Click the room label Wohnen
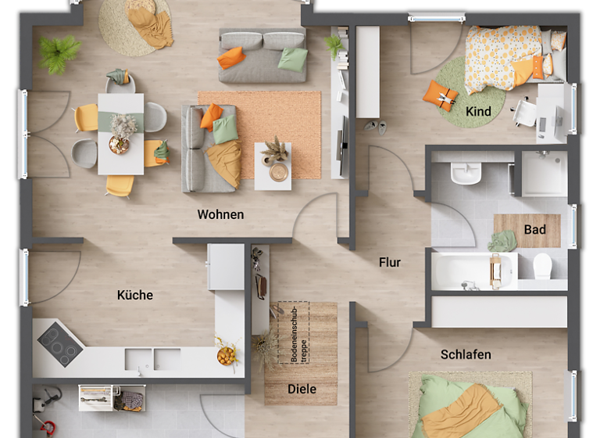220,214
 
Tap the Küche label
135,295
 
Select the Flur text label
390,262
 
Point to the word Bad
535,230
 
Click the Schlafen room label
466,354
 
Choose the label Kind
478,112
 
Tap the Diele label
302,389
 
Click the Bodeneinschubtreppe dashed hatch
290,332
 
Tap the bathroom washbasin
466,174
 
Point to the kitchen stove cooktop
60,341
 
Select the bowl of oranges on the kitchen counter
227,357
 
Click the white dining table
120,133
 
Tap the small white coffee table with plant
273,166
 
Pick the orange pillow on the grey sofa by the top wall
231,57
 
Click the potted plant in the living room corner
59,53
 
